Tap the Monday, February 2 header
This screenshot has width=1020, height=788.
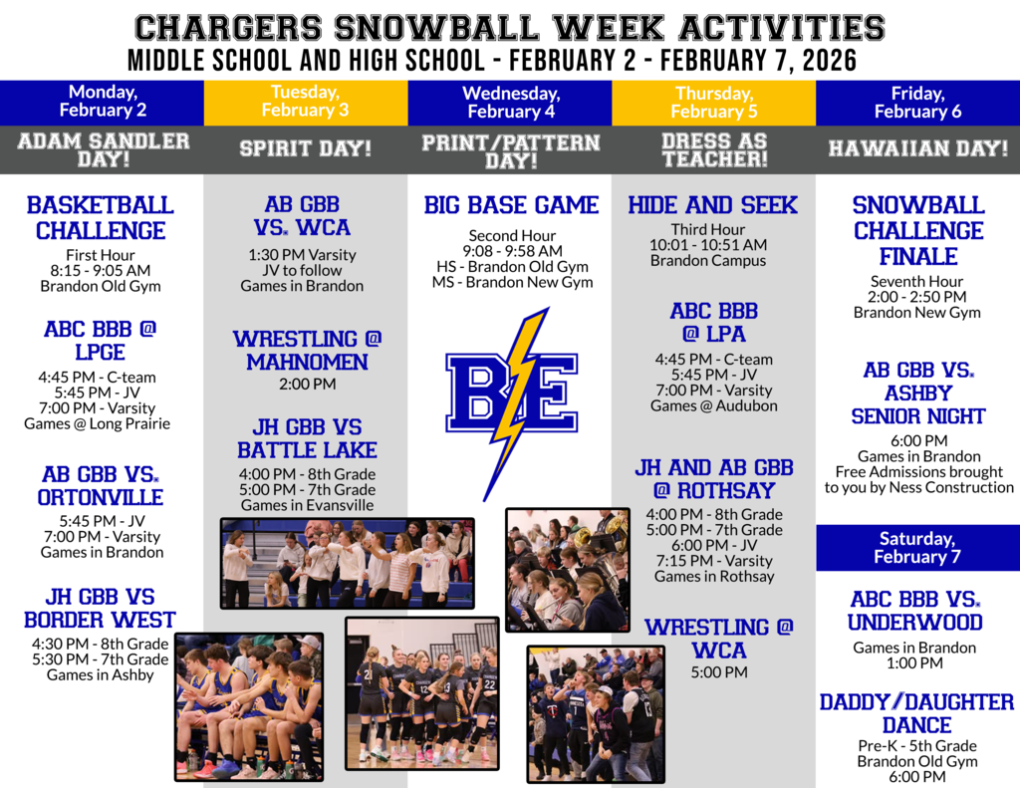pos(103,101)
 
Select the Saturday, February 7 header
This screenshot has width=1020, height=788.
pos(917,548)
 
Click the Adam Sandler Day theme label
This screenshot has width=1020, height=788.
pos(104,149)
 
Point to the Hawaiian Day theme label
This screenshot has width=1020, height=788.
pos(917,148)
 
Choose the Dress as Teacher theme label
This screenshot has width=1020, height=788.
pos(714,149)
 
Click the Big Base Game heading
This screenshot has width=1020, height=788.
pos(511,205)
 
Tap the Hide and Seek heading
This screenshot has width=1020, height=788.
pos(712,205)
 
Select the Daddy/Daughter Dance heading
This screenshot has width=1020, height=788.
pos(916,713)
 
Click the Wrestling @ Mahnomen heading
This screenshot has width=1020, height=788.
pos(307,350)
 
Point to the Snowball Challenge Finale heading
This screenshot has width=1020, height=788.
pos(918,230)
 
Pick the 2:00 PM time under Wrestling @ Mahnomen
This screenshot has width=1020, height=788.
pos(308,384)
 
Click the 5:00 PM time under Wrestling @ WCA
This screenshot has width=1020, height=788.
pos(719,672)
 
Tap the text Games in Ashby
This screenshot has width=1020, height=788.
pos(101,674)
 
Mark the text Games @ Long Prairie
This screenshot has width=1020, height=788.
pos(97,423)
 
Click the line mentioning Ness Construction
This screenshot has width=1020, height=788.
pos(919,487)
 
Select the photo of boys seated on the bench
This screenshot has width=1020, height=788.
pos(249,707)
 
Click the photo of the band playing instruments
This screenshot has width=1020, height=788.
pos(568,570)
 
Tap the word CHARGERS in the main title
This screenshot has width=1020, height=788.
pos(228,28)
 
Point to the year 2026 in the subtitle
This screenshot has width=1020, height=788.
pos(830,61)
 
